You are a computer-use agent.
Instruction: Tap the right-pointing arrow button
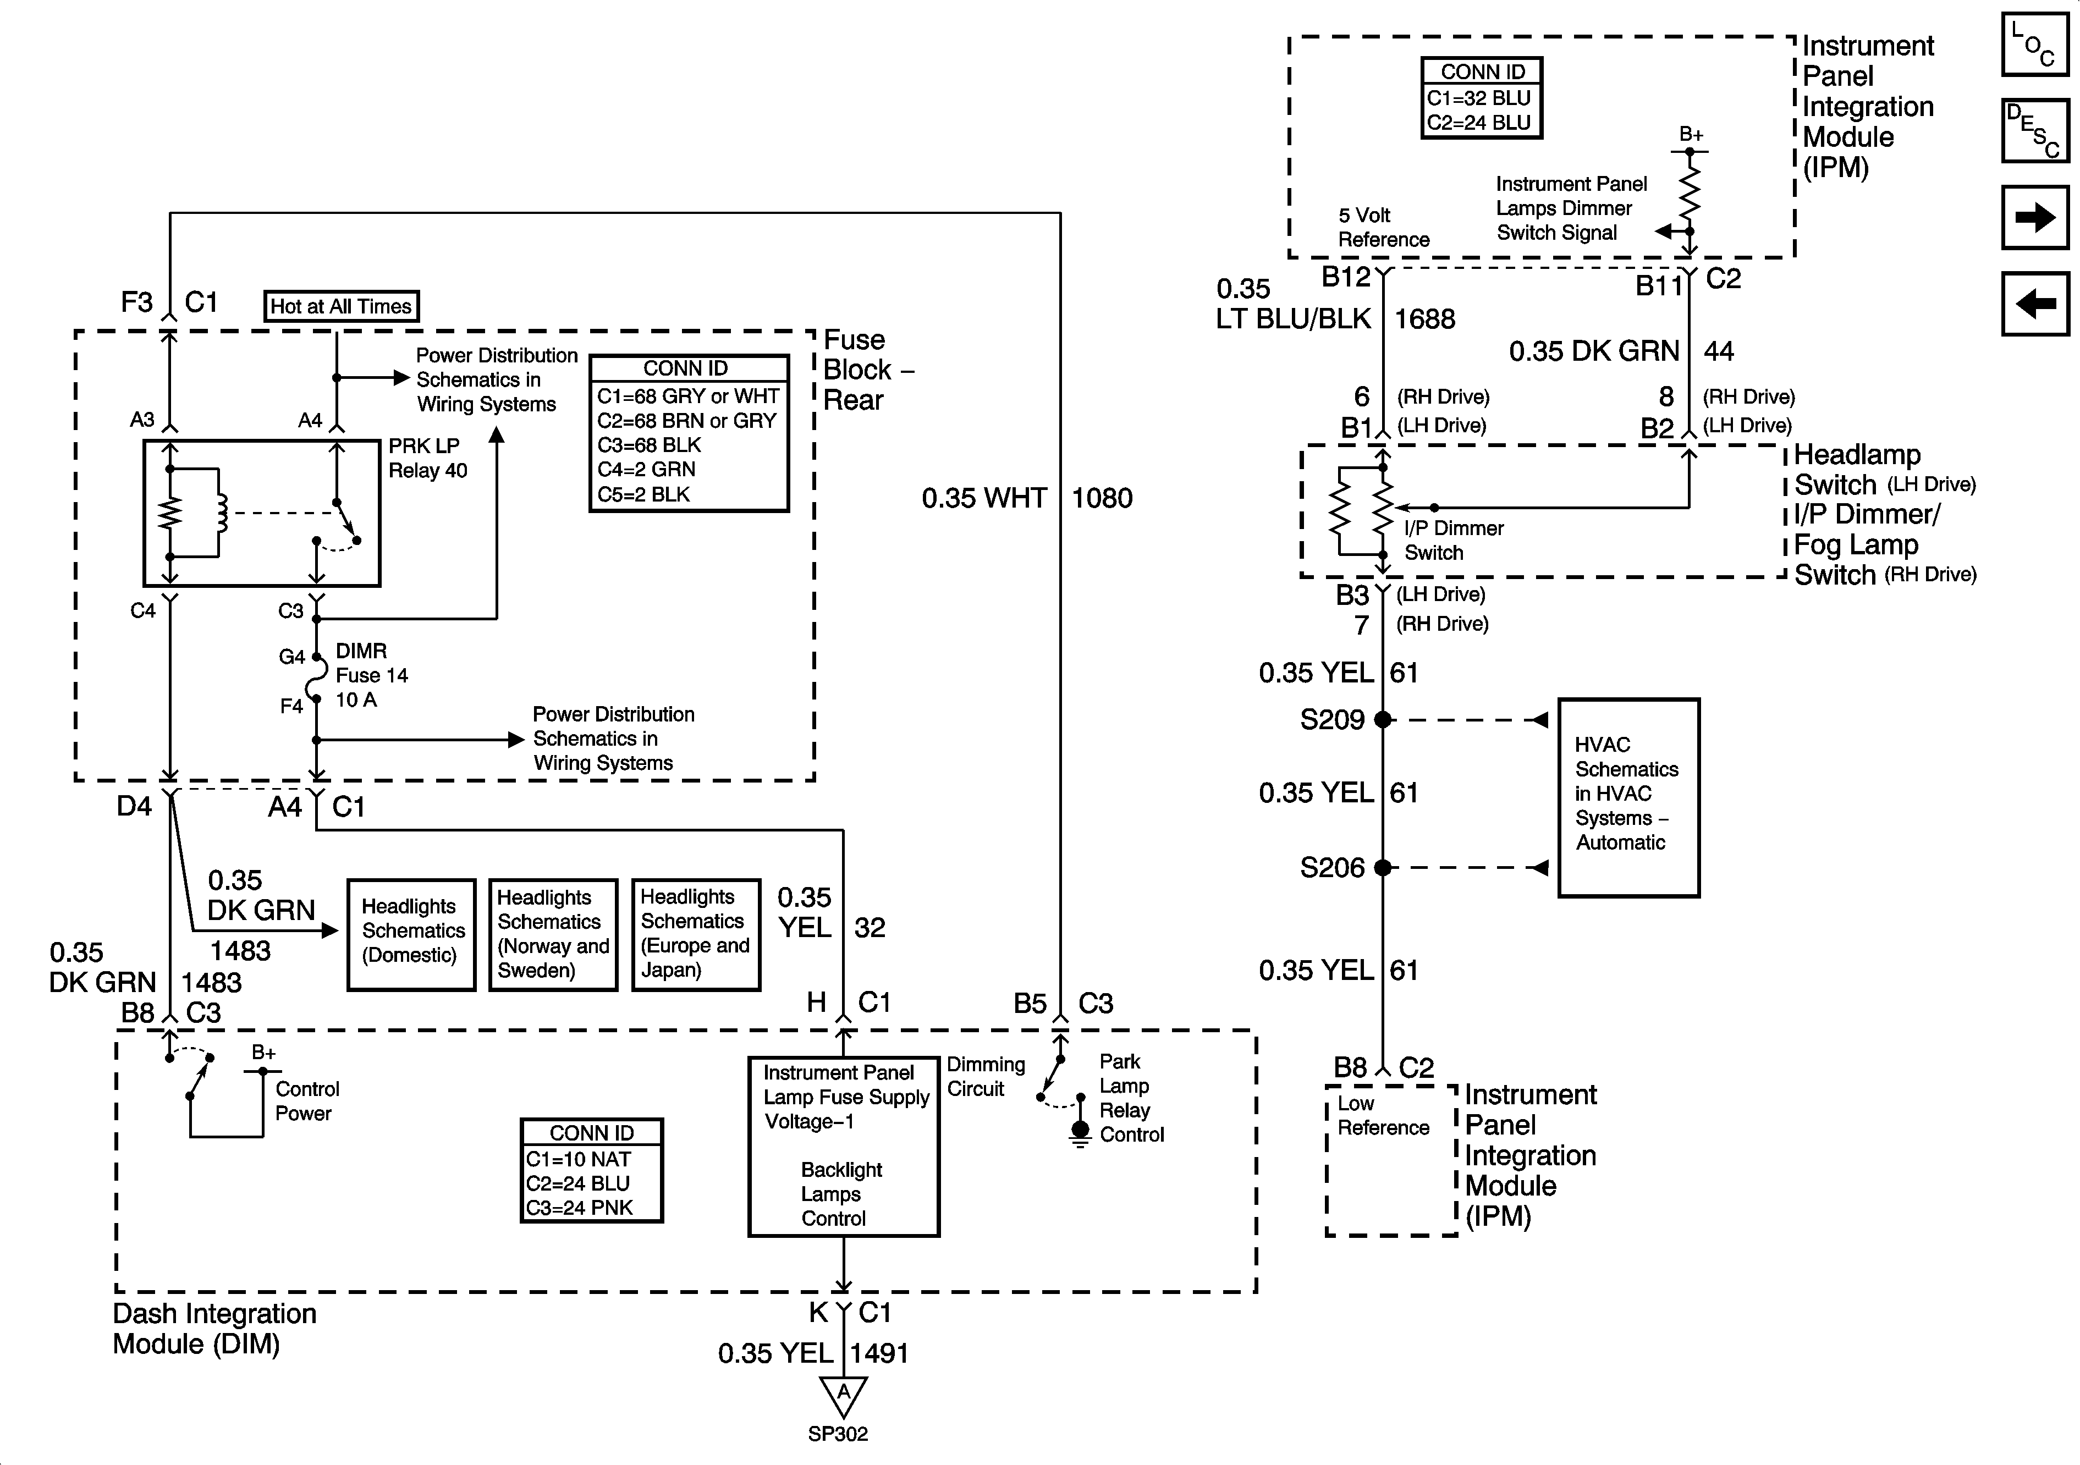pyautogui.click(x=2035, y=217)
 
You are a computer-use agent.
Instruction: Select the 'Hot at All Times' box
pyautogui.click(x=340, y=306)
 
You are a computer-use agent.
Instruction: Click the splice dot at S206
pyautogui.click(x=1383, y=867)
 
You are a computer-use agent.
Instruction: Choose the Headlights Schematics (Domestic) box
pyautogui.click(x=411, y=934)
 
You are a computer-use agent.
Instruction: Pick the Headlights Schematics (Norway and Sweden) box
pyautogui.click(x=553, y=934)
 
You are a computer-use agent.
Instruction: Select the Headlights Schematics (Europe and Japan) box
pyautogui.click(x=695, y=934)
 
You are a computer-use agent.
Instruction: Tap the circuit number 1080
pyautogui.click(x=1102, y=498)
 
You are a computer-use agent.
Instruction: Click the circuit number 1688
pyautogui.click(x=1424, y=319)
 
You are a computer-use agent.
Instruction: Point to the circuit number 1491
pyautogui.click(x=879, y=1353)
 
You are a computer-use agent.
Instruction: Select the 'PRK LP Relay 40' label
pyautogui.click(x=427, y=459)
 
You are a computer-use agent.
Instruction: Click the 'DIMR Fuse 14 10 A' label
pyautogui.click(x=371, y=675)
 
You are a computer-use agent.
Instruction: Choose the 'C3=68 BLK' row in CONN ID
pyautogui.click(x=648, y=445)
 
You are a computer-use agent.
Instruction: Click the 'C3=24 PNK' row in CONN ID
pyautogui.click(x=580, y=1208)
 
